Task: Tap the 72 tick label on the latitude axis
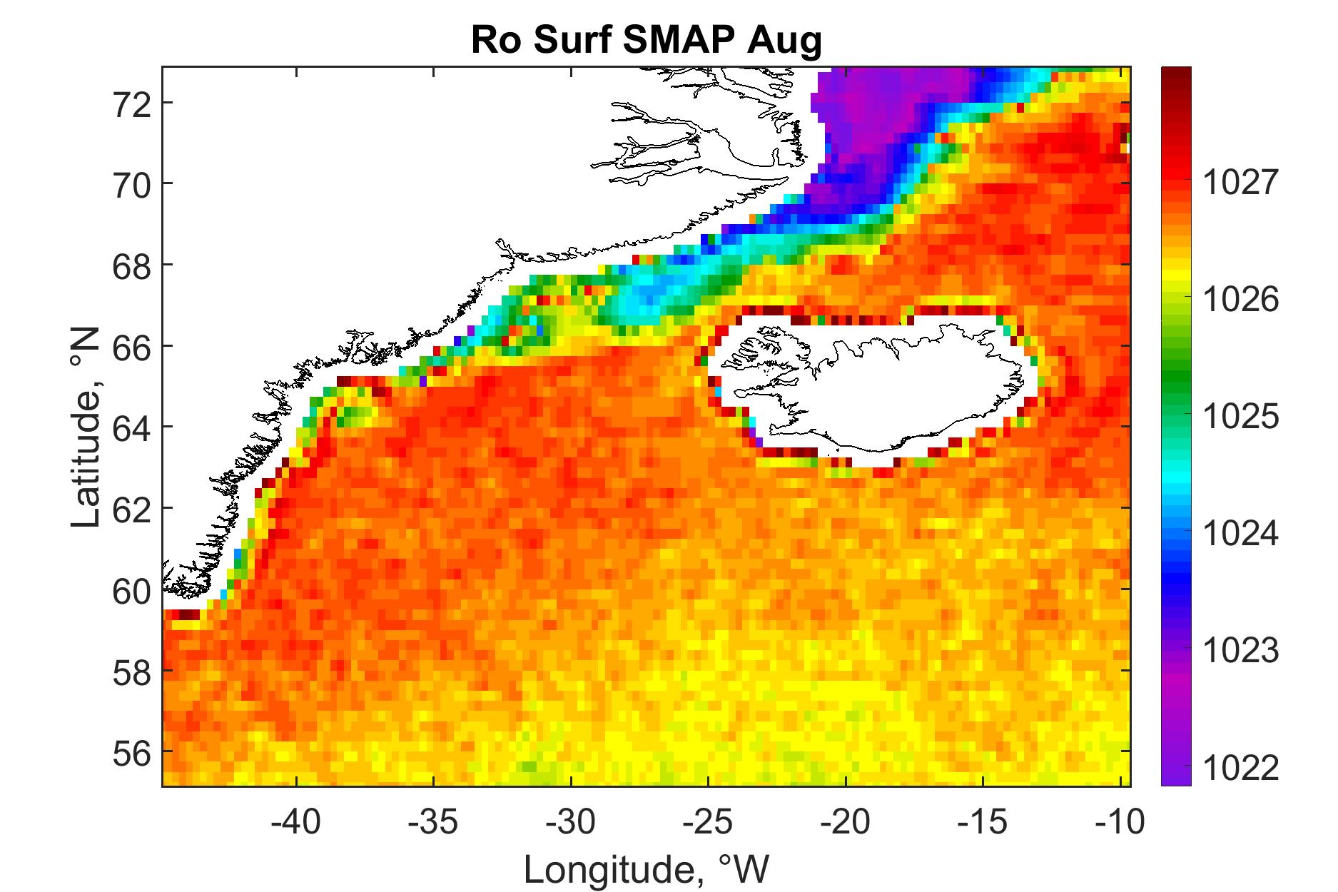click(x=132, y=103)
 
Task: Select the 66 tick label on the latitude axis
click(x=132, y=346)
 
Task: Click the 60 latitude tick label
click(x=132, y=589)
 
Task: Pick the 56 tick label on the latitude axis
click(x=132, y=751)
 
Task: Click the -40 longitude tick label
click(x=298, y=823)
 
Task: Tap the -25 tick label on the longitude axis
click(x=710, y=823)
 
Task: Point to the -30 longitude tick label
click(x=572, y=823)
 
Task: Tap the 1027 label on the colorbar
click(x=1241, y=183)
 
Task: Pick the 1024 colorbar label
click(x=1241, y=534)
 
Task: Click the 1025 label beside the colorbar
click(x=1241, y=417)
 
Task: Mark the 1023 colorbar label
click(x=1241, y=651)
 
